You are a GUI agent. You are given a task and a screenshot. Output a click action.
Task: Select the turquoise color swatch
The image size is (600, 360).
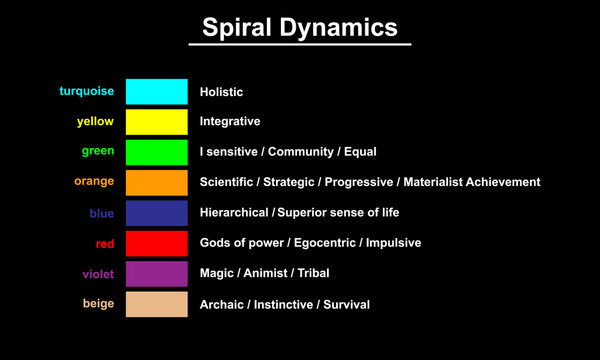[157, 92]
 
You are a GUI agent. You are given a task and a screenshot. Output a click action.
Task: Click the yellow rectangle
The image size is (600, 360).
[157, 122]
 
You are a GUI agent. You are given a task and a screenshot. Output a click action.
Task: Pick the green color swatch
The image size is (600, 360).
[157, 152]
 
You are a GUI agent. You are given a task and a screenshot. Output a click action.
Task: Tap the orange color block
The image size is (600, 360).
[157, 182]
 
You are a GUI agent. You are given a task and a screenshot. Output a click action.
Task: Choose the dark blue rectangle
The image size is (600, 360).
[157, 213]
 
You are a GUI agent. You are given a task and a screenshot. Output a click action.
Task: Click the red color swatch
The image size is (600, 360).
[157, 243]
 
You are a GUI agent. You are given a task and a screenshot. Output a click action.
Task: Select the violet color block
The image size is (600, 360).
[157, 273]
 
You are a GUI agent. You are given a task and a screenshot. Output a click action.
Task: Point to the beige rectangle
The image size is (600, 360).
[157, 304]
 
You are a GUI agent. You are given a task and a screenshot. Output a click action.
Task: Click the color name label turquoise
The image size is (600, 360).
[87, 91]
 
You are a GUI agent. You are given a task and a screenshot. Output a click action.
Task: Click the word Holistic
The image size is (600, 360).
[221, 92]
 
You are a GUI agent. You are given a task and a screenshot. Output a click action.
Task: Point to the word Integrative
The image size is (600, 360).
[230, 122]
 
